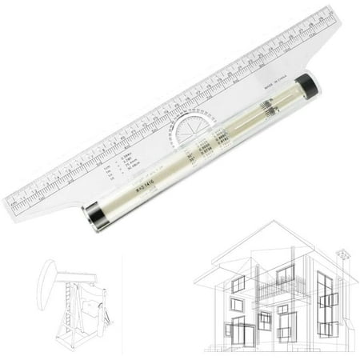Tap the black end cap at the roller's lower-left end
92,217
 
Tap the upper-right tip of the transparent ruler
340,14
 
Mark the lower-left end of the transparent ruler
11,210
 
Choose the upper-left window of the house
238,285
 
